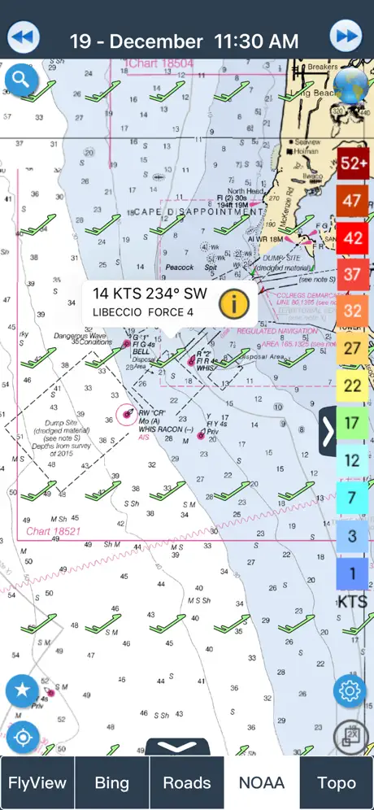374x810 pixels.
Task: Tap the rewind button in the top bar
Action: (24, 37)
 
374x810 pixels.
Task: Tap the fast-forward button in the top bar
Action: (346, 37)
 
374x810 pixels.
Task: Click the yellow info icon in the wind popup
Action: (233, 303)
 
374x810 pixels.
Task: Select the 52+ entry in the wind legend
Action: (353, 163)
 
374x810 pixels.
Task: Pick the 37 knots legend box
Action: (353, 273)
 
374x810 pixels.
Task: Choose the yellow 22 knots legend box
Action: (353, 385)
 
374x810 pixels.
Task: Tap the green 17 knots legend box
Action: (353, 423)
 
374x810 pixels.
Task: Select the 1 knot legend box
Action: (353, 573)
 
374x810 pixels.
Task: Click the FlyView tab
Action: (37, 783)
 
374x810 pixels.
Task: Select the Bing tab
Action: (112, 783)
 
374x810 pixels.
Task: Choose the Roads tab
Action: (187, 783)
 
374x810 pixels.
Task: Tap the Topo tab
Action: (336, 783)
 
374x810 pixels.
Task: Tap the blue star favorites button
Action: (23, 691)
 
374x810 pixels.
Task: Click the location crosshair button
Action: (23, 738)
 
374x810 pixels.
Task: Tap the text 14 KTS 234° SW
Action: (150, 294)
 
